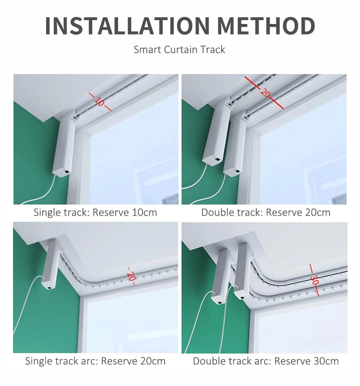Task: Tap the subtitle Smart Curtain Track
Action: [180, 49]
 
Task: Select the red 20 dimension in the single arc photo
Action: [131, 276]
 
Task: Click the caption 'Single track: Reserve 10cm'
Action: [95, 212]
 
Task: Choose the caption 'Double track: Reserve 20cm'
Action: [266, 212]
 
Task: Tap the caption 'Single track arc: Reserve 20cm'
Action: [95, 361]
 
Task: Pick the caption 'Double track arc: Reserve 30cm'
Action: [266, 361]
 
